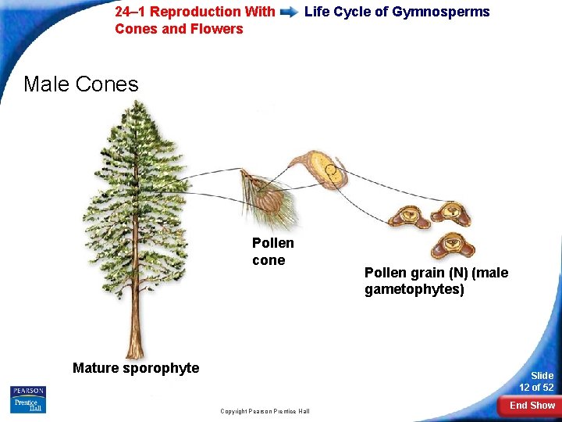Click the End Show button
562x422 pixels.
click(x=532, y=405)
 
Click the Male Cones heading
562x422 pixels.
click(x=81, y=84)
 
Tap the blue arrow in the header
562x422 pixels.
click(x=289, y=13)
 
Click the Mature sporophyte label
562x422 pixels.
click(x=136, y=368)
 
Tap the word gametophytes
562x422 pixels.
click(x=414, y=290)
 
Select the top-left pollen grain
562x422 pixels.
click(x=407, y=216)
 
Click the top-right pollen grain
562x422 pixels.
click(x=452, y=212)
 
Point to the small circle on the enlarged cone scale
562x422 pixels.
click(x=331, y=170)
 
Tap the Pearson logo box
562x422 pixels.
click(x=28, y=391)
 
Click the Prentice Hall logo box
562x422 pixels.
click(x=28, y=406)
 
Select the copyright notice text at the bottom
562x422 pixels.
click(x=265, y=411)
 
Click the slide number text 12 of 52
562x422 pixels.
click(x=537, y=388)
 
